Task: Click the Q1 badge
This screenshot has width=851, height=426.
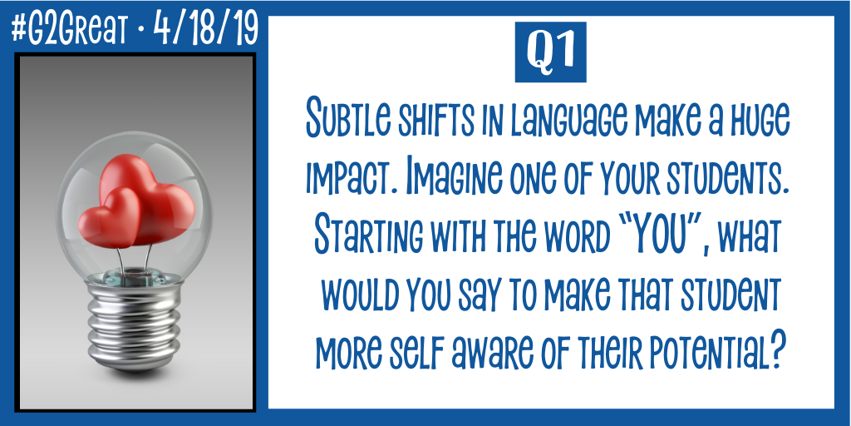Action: (550, 52)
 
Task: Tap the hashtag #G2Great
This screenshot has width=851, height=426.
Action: (68, 29)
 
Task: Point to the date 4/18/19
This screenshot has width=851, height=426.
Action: (205, 29)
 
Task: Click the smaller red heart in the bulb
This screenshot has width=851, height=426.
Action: (109, 218)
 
